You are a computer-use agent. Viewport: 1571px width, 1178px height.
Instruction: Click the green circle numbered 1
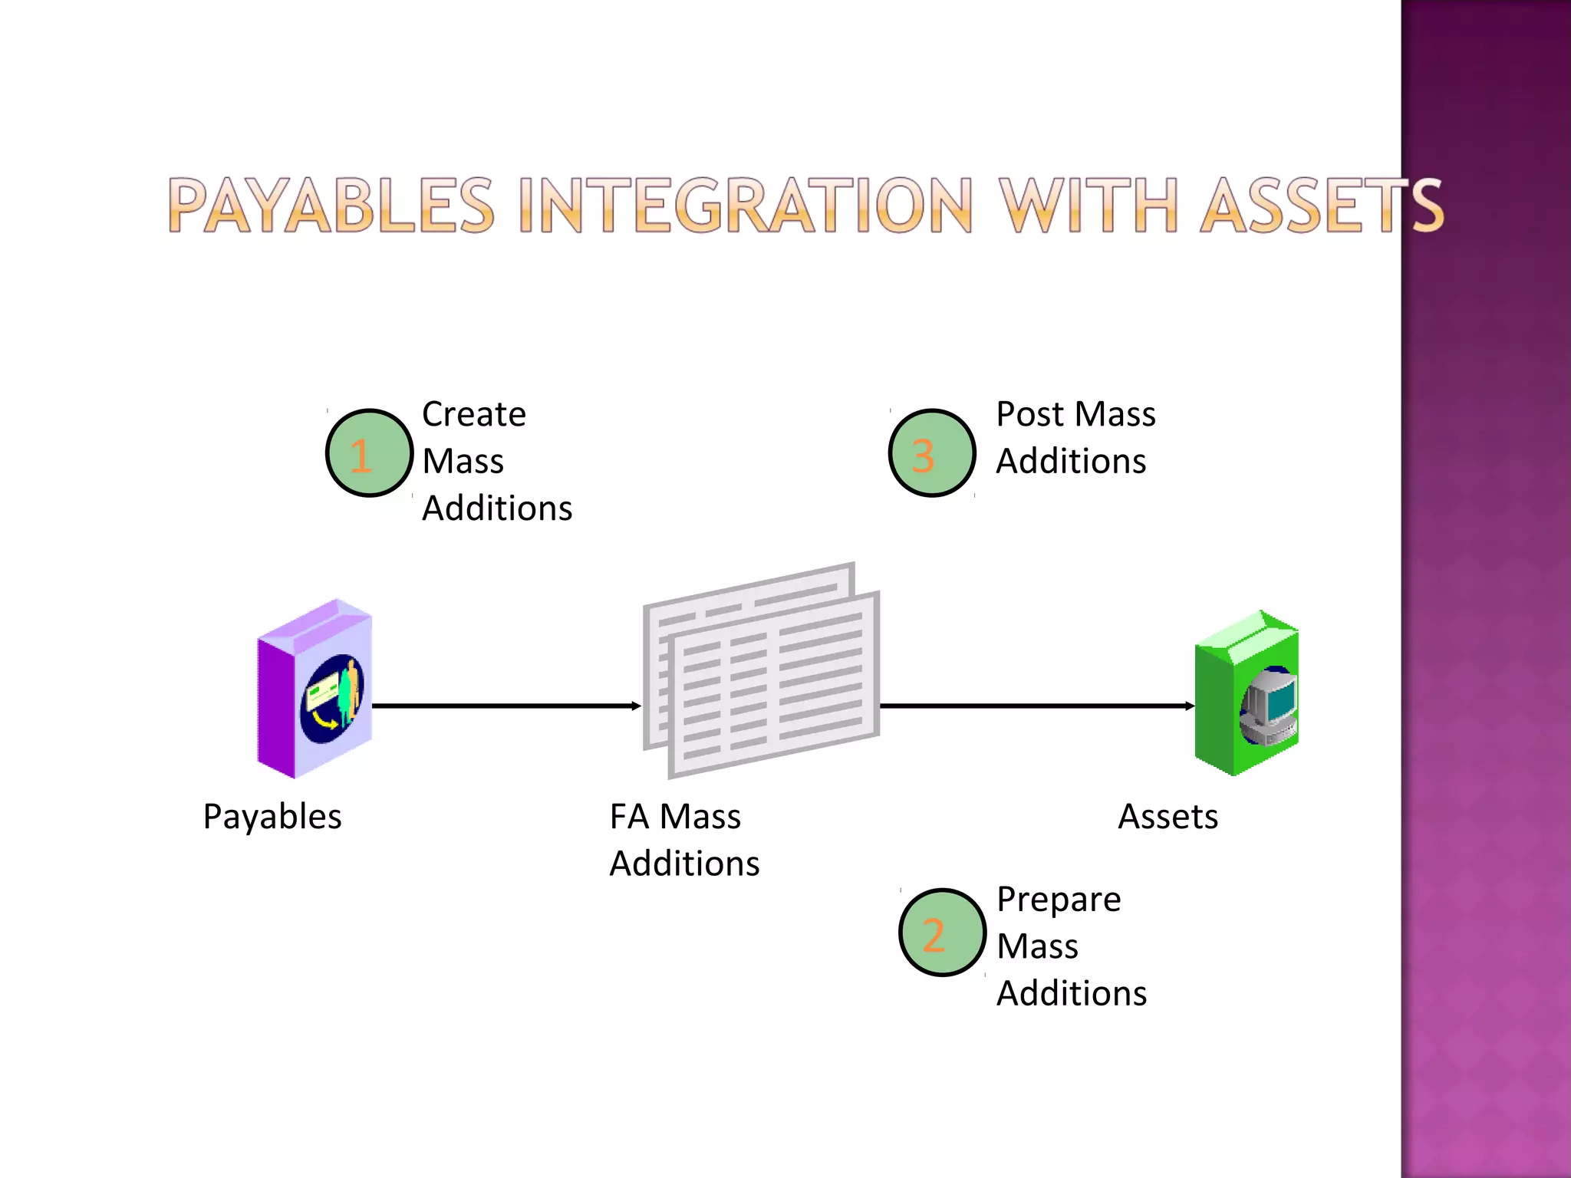tap(369, 452)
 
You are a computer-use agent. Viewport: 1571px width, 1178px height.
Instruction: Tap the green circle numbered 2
tap(942, 932)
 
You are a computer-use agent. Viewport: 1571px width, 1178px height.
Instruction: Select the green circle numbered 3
tap(931, 452)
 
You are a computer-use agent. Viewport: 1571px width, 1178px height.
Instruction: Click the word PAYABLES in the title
tap(331, 206)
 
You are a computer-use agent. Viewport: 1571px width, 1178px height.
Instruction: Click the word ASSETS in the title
tap(1321, 206)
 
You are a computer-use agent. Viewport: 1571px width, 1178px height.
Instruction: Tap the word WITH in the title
tap(1088, 206)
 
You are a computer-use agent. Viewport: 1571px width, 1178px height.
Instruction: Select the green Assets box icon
tap(1247, 694)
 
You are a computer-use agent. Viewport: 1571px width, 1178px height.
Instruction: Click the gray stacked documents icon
tap(761, 671)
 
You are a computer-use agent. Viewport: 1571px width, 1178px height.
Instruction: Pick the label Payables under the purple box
tap(272, 817)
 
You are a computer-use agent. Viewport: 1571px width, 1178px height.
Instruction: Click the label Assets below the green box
tap(1168, 817)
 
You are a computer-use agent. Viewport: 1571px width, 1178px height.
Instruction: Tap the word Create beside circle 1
tap(474, 414)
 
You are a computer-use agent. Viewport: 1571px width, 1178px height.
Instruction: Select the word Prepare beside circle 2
tap(1059, 900)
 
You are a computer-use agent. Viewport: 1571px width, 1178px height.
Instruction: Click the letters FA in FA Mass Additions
tap(630, 817)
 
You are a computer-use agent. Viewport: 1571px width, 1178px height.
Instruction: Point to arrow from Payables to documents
tap(506, 706)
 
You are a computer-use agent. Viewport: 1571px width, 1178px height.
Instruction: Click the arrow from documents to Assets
tap(1036, 706)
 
